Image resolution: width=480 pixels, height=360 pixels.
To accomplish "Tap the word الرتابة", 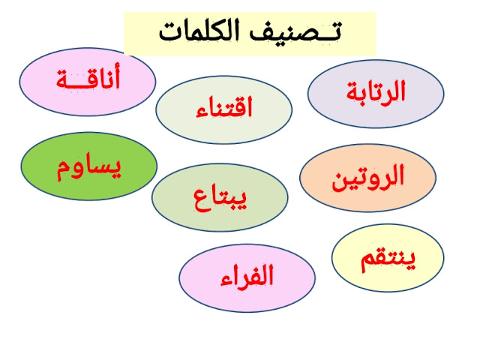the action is [376, 91].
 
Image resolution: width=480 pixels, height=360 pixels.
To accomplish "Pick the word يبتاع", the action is [220, 199].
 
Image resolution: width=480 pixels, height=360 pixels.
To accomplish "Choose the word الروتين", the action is [368, 178].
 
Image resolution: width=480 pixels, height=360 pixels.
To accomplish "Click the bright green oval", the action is [89, 166].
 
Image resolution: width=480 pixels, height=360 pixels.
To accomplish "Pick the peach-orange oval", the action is [367, 178].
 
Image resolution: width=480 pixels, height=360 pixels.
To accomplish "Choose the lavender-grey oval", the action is [376, 94].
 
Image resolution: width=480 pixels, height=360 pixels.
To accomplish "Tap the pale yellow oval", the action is [388, 258].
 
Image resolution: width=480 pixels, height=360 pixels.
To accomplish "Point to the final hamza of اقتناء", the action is [202, 112].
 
